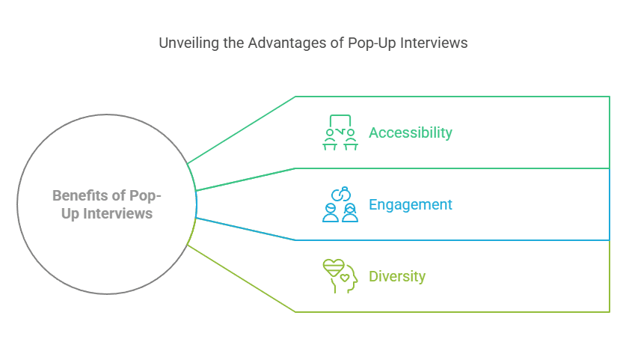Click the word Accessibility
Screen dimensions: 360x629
pyautogui.click(x=411, y=132)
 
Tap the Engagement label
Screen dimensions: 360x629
pyautogui.click(x=411, y=204)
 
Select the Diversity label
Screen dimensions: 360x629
pyautogui.click(x=397, y=276)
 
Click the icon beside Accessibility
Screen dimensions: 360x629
pyautogui.click(x=340, y=132)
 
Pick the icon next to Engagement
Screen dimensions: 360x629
pyautogui.click(x=340, y=204)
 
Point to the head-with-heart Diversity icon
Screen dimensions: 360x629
pyautogui.click(x=340, y=276)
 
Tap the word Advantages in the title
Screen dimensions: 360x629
pyautogui.click(x=287, y=43)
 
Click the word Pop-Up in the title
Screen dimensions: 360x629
pyautogui.click(x=374, y=43)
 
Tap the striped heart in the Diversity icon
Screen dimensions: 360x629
pyautogui.click(x=333, y=267)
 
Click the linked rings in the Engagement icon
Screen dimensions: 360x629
pyautogui.click(x=341, y=193)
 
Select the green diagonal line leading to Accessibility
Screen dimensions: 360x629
pyautogui.click(x=241, y=129)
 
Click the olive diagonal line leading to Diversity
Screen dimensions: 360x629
pyautogui.click(x=241, y=278)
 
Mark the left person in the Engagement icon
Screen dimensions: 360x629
pyautogui.click(x=331, y=213)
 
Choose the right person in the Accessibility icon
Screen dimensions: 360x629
pyautogui.click(x=350, y=140)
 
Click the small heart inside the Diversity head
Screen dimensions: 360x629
pyautogui.click(x=345, y=278)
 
